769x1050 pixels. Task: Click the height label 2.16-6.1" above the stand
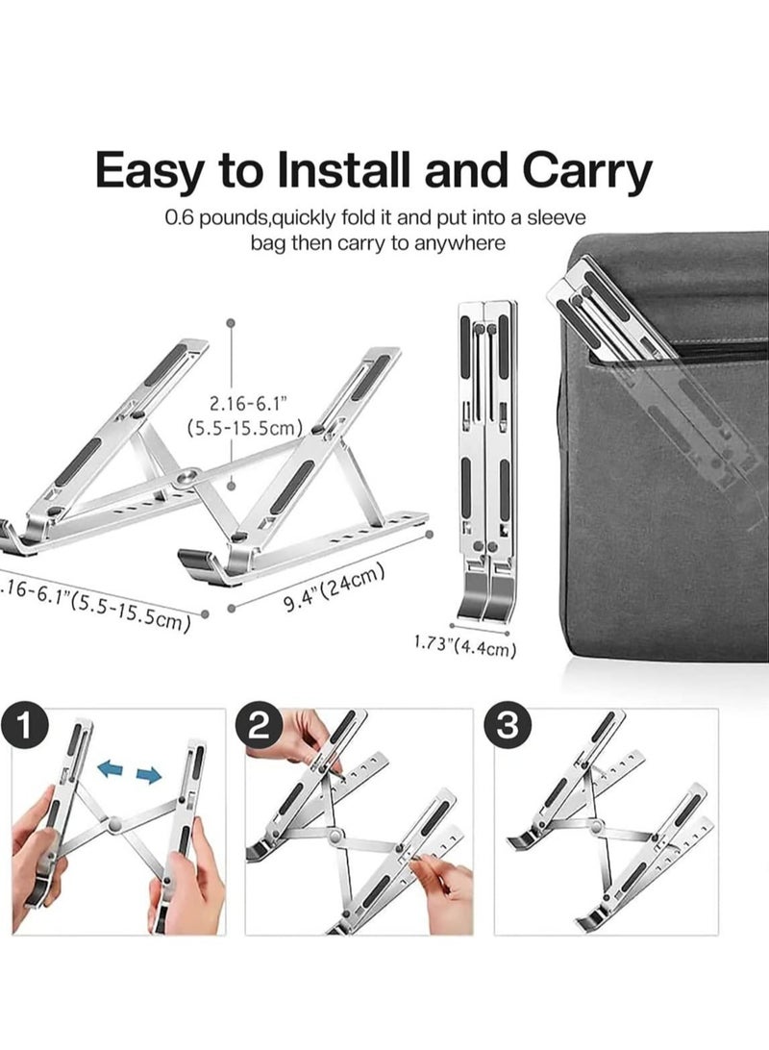click(245, 406)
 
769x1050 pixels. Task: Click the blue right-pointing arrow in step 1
click(148, 775)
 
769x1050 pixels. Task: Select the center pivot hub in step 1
click(114, 824)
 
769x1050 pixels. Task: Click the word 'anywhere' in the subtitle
click(459, 243)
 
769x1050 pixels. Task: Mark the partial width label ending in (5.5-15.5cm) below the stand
click(96, 600)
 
